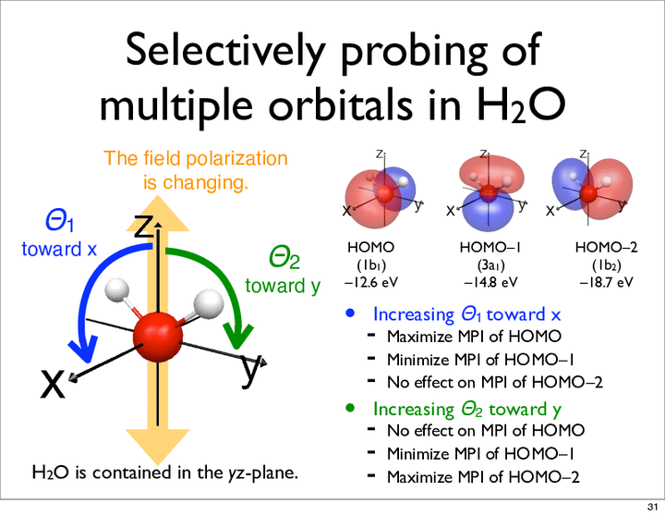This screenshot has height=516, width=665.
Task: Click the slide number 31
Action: coord(652,507)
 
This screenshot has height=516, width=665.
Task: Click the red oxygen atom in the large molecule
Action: coord(158,338)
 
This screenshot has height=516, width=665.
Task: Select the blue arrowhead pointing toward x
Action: coord(85,349)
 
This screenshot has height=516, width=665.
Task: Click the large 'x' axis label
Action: coord(53,385)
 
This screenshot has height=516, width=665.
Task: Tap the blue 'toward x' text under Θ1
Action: coord(59,249)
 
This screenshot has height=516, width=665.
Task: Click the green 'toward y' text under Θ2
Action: coord(283,286)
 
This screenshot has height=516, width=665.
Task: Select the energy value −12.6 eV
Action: coord(371,282)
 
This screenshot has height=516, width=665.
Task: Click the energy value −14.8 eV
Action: coord(490,282)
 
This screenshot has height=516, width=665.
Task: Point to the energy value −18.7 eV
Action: coord(607,282)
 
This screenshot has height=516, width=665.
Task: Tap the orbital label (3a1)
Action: coord(490,265)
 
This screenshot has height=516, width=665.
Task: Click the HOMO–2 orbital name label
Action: coord(607,247)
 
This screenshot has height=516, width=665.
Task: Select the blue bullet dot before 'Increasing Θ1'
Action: coord(350,313)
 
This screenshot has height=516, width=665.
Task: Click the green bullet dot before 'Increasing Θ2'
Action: coord(350,408)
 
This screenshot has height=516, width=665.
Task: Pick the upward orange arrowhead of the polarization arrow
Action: coord(158,214)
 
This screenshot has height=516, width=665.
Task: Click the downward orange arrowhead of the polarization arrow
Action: coord(158,447)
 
